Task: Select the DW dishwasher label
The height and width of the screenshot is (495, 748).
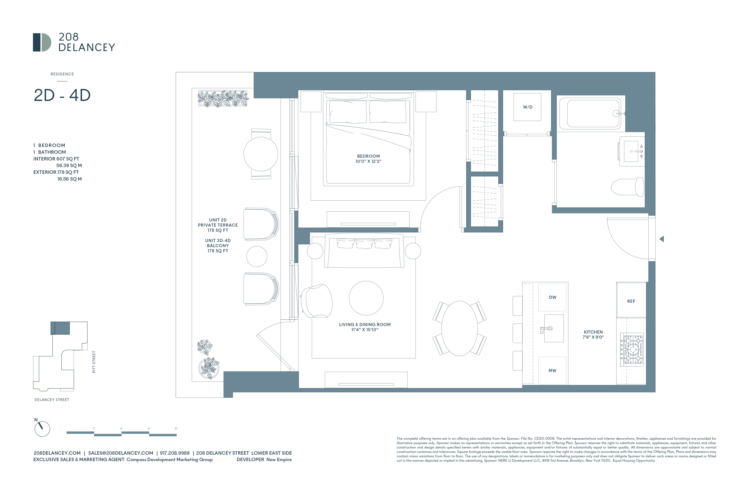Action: pos(552,297)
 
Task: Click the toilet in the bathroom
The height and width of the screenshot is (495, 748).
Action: pos(627,187)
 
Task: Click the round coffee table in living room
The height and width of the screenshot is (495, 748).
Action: pos(366,298)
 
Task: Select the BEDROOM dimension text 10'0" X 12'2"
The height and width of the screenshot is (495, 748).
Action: pos(368,161)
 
